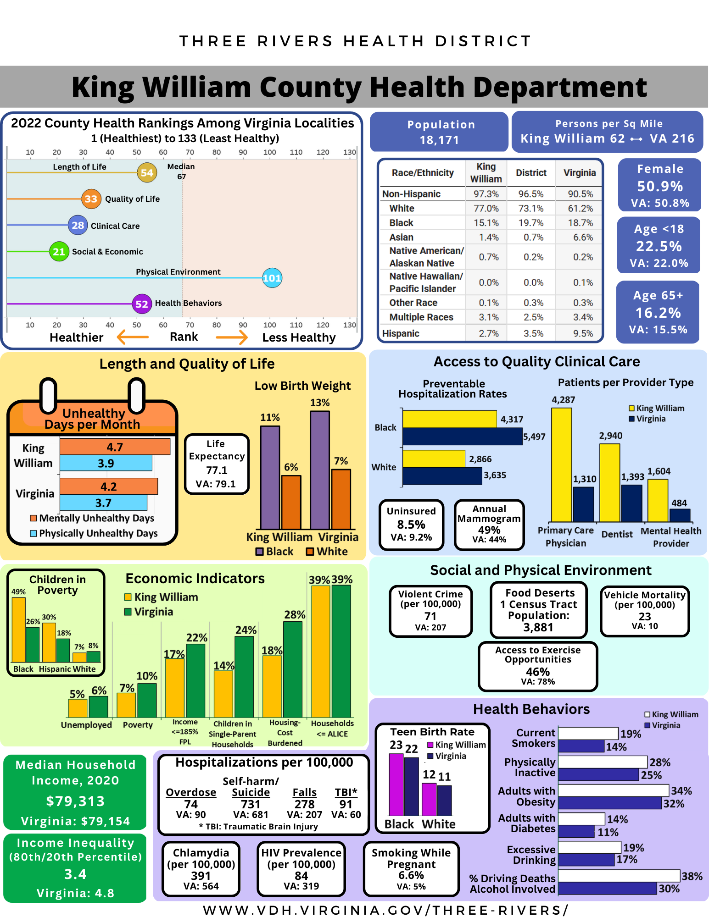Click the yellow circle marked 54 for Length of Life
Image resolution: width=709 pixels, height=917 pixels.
pyautogui.click(x=147, y=173)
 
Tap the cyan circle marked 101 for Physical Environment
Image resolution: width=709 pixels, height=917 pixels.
pyautogui.click(x=272, y=278)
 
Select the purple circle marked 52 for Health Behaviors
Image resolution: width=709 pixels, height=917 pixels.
pyautogui.click(x=142, y=304)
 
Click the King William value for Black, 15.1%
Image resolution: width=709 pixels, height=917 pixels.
pyautogui.click(x=486, y=223)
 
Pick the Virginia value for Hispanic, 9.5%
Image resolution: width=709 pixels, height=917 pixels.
pyautogui.click(x=583, y=333)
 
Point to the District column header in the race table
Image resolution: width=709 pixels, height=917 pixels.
pyautogui.click(x=531, y=173)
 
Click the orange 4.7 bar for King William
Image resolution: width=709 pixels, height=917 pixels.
pyautogui.click(x=115, y=447)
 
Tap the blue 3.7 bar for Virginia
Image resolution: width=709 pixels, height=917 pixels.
pyautogui.click(x=103, y=503)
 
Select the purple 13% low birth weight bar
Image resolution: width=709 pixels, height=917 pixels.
pyautogui.click(x=320, y=470)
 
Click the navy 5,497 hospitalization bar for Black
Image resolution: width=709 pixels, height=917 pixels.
pyautogui.click(x=462, y=436)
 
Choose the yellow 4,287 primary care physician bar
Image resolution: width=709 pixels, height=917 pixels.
pyautogui.click(x=562, y=464)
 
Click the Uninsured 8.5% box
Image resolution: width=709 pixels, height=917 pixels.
pyautogui.click(x=411, y=525)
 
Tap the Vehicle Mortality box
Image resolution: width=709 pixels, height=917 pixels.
pyautogui.click(x=645, y=611)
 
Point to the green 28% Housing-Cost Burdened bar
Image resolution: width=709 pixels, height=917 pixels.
pyautogui.click(x=293, y=669)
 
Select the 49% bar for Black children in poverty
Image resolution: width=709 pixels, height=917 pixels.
pyautogui.click(x=18, y=630)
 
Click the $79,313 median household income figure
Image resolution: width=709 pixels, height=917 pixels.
pyautogui.click(x=75, y=801)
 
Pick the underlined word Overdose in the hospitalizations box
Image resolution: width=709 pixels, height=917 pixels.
pyautogui.click(x=191, y=792)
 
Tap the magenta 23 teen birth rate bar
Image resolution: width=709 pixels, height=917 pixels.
pyautogui.click(x=396, y=784)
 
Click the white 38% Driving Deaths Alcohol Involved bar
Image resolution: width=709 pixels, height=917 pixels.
pyautogui.click(x=619, y=876)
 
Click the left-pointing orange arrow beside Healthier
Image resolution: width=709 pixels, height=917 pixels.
pyautogui.click(x=133, y=337)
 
